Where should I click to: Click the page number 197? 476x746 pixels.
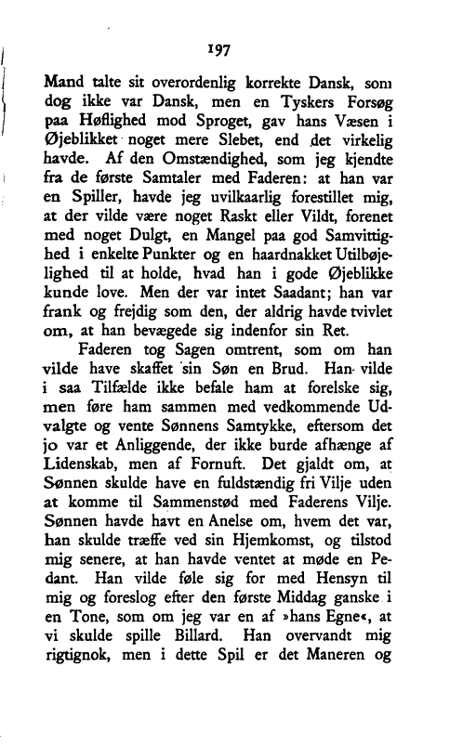click(x=221, y=47)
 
